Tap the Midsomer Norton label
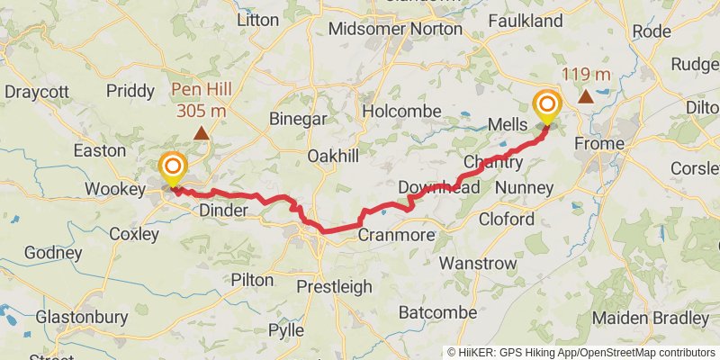click(x=395, y=29)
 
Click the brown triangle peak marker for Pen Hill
click(x=202, y=133)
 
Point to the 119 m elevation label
click(x=586, y=75)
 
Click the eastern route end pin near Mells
click(x=547, y=108)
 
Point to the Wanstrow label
click(x=479, y=264)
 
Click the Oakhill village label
click(x=333, y=156)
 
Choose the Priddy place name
click(x=130, y=91)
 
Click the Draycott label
click(x=38, y=92)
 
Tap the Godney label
click(x=53, y=253)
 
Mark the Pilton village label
click(x=252, y=280)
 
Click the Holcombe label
click(x=401, y=111)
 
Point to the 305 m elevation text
click(x=202, y=111)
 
